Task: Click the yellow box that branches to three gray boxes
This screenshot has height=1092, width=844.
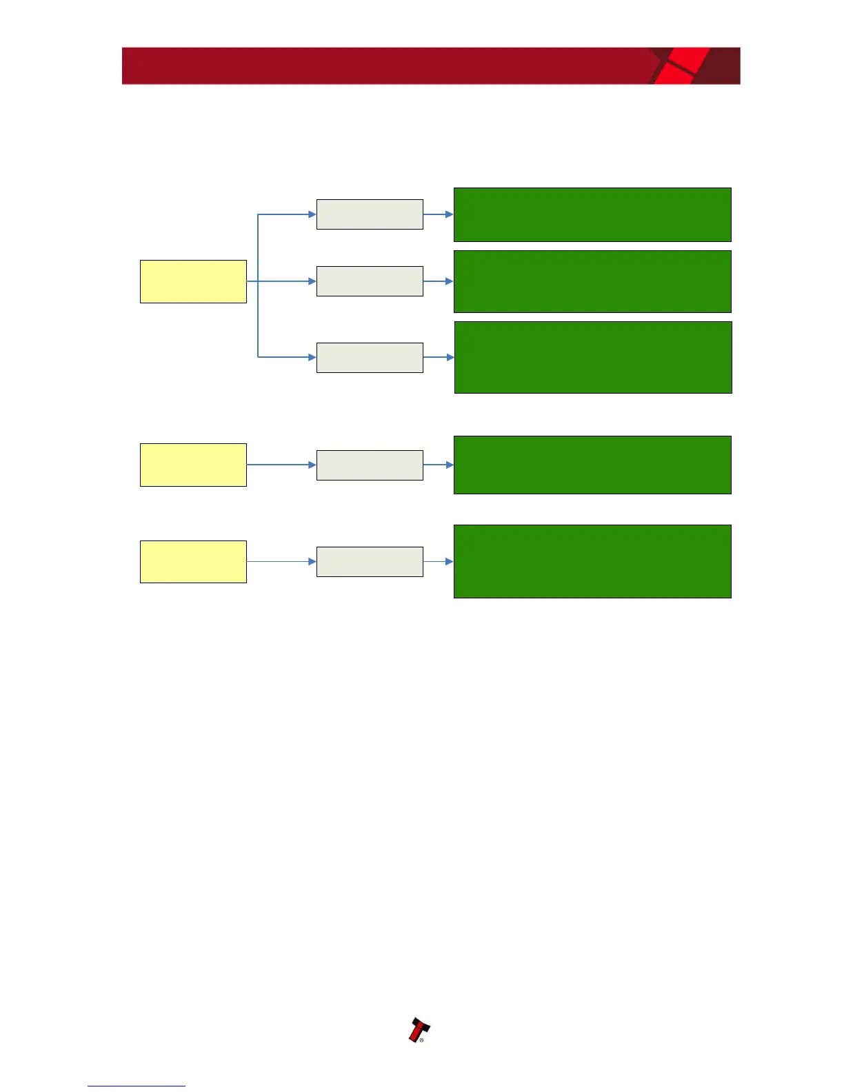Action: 193,281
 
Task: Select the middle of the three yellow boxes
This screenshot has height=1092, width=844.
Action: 193,465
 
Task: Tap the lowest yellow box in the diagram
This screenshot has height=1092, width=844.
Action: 193,562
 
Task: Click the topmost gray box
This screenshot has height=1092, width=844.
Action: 370,214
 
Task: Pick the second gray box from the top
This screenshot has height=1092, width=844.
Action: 370,281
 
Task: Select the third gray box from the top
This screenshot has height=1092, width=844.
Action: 370,358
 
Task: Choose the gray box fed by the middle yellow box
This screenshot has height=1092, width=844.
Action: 370,465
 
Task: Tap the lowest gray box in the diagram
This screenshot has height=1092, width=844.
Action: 370,562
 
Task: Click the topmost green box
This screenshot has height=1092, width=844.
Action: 592,214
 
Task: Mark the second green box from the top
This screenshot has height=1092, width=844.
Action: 592,281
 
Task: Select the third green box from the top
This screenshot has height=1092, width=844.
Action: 593,357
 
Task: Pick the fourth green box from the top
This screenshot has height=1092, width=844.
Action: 592,465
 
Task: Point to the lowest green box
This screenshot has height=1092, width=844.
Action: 592,561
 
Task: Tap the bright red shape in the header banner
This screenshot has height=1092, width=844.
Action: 679,66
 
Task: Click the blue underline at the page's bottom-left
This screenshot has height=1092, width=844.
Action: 137,1086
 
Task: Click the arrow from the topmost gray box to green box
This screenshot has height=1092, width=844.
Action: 438,214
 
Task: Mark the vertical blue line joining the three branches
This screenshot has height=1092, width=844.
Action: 258,317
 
